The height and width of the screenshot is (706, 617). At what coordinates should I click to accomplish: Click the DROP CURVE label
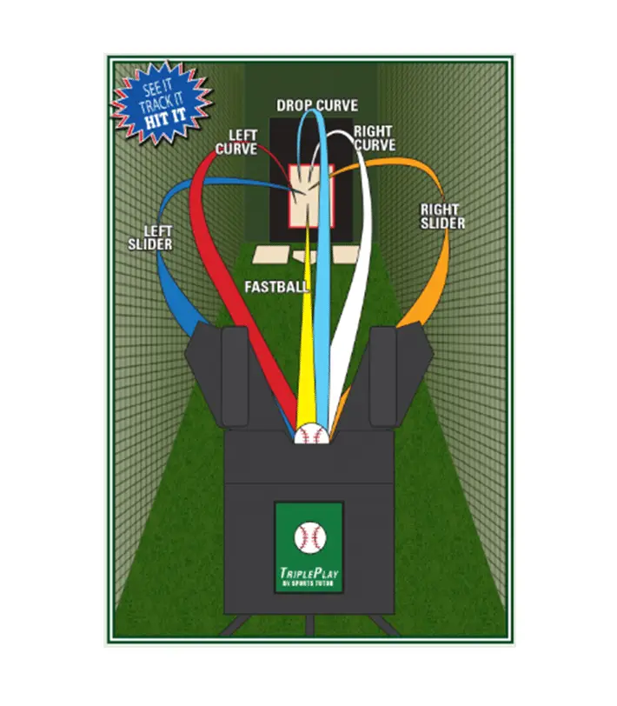[x=316, y=105]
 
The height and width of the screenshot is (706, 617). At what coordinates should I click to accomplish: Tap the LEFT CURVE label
[x=236, y=142]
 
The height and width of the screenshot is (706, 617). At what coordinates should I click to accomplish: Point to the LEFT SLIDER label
[x=150, y=237]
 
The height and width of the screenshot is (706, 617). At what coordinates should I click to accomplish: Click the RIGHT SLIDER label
[x=442, y=216]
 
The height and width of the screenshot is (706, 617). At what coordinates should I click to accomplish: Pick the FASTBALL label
[x=277, y=285]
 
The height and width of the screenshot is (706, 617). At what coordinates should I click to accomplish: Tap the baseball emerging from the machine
[x=310, y=434]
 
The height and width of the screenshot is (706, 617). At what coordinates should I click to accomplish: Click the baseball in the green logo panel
[x=308, y=538]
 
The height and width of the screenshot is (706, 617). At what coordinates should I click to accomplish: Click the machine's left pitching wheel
[x=236, y=374]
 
